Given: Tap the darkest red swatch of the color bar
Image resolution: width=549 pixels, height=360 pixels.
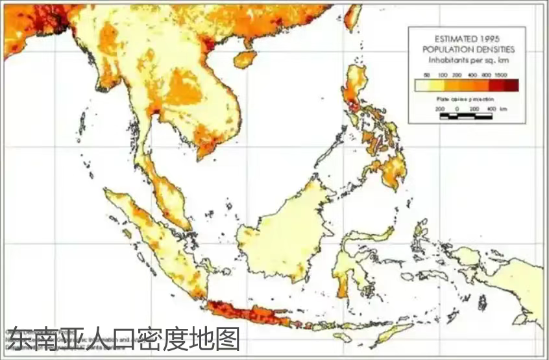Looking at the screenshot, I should (511, 85).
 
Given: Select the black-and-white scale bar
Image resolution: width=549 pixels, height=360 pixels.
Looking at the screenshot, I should (465, 117).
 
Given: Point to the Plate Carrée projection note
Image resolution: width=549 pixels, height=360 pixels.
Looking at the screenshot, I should (465, 99).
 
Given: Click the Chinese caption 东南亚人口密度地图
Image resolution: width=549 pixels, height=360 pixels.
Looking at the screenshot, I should (123, 339).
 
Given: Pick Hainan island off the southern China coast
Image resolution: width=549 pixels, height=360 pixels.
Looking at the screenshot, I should (245, 59).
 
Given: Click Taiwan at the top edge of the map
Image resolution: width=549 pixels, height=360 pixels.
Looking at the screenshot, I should (352, 16).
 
